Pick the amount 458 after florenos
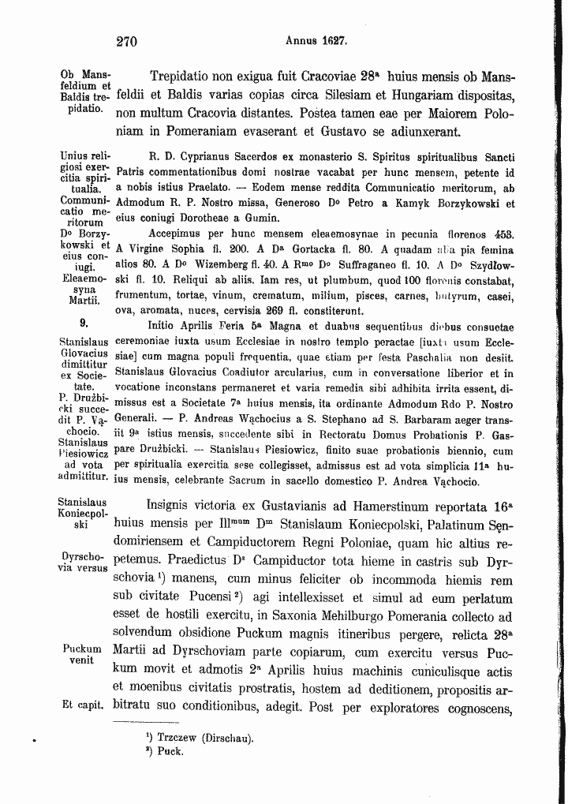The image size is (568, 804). [x=503, y=234]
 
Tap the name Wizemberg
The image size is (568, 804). [x=213, y=264]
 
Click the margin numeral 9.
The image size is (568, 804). [x=83, y=323]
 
